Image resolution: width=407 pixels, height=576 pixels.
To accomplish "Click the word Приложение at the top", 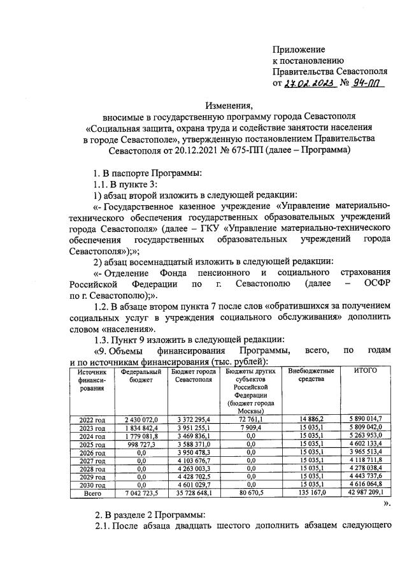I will point(299,49).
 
